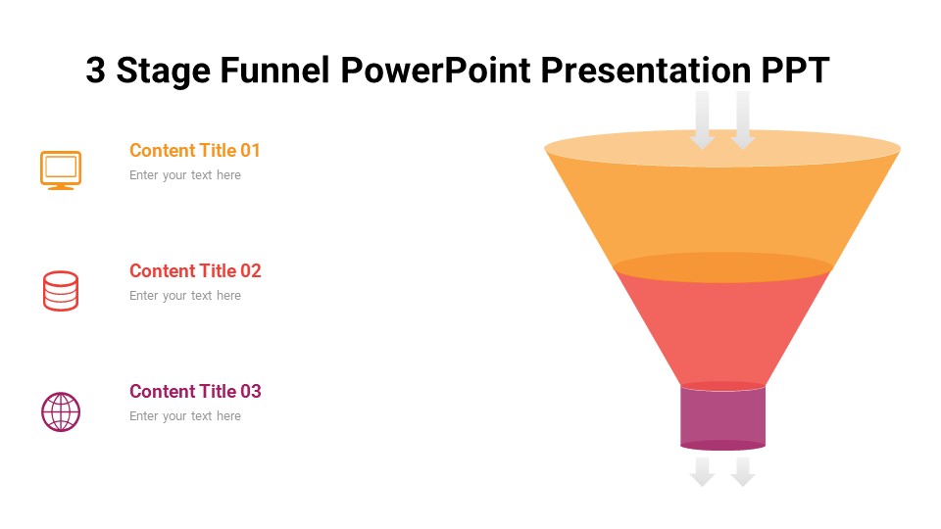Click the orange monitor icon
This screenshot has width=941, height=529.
click(x=61, y=169)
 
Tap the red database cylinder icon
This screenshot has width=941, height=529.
click(x=61, y=291)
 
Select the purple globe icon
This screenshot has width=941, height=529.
click(x=61, y=411)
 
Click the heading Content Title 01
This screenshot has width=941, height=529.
click(x=195, y=151)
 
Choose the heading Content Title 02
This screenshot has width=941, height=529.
click(x=195, y=271)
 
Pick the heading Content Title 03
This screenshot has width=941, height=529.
click(x=195, y=392)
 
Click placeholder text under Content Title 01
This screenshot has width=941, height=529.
click(x=185, y=175)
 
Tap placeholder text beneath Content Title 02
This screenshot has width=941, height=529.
click(x=185, y=296)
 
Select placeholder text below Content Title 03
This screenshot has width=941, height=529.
click(x=185, y=416)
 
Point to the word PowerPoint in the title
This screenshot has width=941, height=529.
click(x=436, y=71)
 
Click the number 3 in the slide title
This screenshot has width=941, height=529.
click(x=95, y=71)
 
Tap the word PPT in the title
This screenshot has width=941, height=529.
click(x=795, y=71)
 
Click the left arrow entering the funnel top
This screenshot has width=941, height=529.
click(x=702, y=120)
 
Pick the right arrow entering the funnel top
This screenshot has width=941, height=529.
click(x=743, y=120)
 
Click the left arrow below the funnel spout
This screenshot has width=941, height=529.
click(x=702, y=472)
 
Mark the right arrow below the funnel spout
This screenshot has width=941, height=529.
click(x=743, y=472)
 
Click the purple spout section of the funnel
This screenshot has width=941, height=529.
click(x=722, y=417)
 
